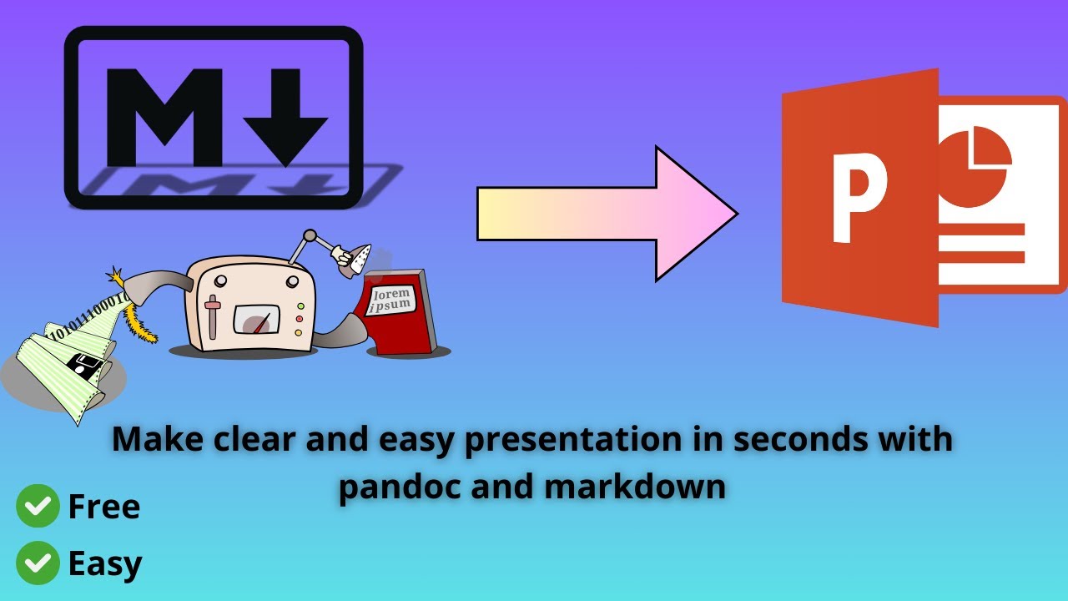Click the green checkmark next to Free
[38, 507]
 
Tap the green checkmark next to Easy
[38, 563]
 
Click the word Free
[104, 507]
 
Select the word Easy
[105, 564]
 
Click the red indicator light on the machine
[300, 306]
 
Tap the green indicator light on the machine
[300, 319]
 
